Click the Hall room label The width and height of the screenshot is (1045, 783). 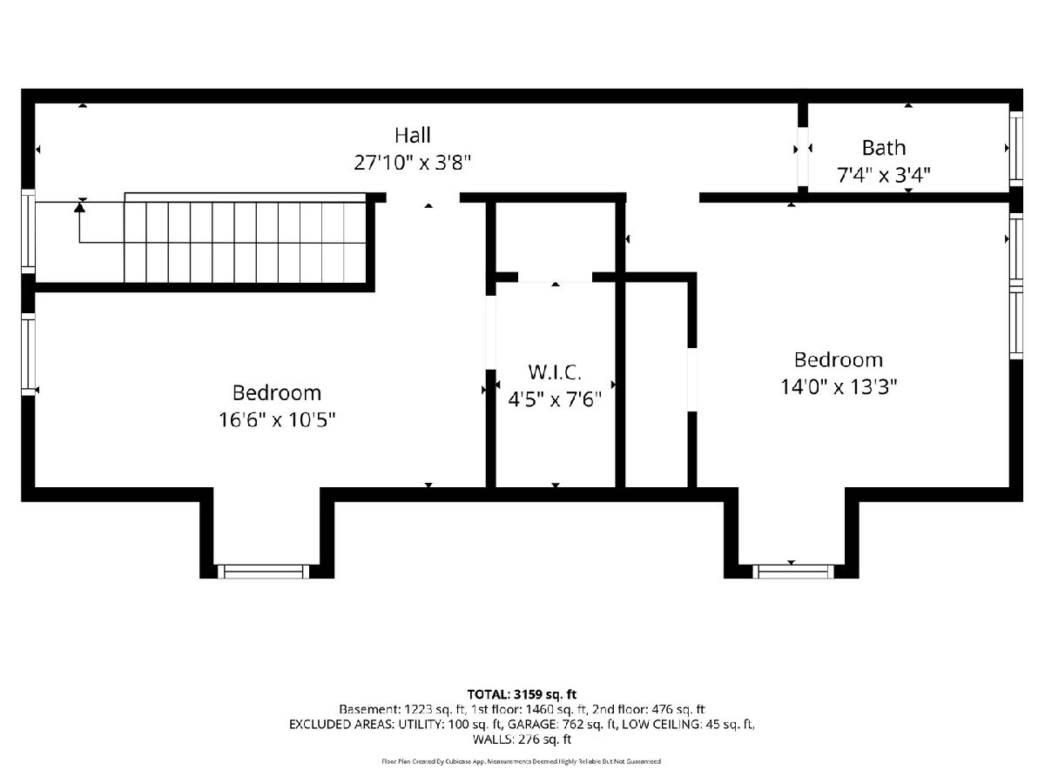click(412, 136)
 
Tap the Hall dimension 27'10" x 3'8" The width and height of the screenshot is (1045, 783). click(412, 163)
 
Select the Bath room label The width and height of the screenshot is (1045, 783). click(884, 148)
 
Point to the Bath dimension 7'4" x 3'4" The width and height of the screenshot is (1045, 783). click(884, 176)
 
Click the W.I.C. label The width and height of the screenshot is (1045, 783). click(555, 372)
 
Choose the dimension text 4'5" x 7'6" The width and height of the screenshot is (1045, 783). click(555, 399)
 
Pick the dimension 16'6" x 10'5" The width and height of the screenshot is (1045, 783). click(277, 420)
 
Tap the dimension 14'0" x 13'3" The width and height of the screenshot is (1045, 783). click(839, 386)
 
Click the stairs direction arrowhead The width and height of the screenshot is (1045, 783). click(79, 207)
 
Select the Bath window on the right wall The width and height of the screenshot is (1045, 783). click(1016, 148)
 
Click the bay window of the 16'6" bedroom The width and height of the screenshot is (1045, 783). click(263, 572)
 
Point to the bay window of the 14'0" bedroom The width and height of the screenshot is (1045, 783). click(793, 572)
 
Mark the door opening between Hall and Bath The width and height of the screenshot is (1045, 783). click(803, 157)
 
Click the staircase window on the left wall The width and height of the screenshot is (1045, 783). click(28, 232)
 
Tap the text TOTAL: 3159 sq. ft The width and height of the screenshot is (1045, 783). click(522, 694)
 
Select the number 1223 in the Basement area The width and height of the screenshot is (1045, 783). click(417, 710)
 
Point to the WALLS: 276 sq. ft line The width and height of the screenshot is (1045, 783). click(522, 739)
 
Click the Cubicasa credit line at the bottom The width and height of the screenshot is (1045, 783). click(522, 761)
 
